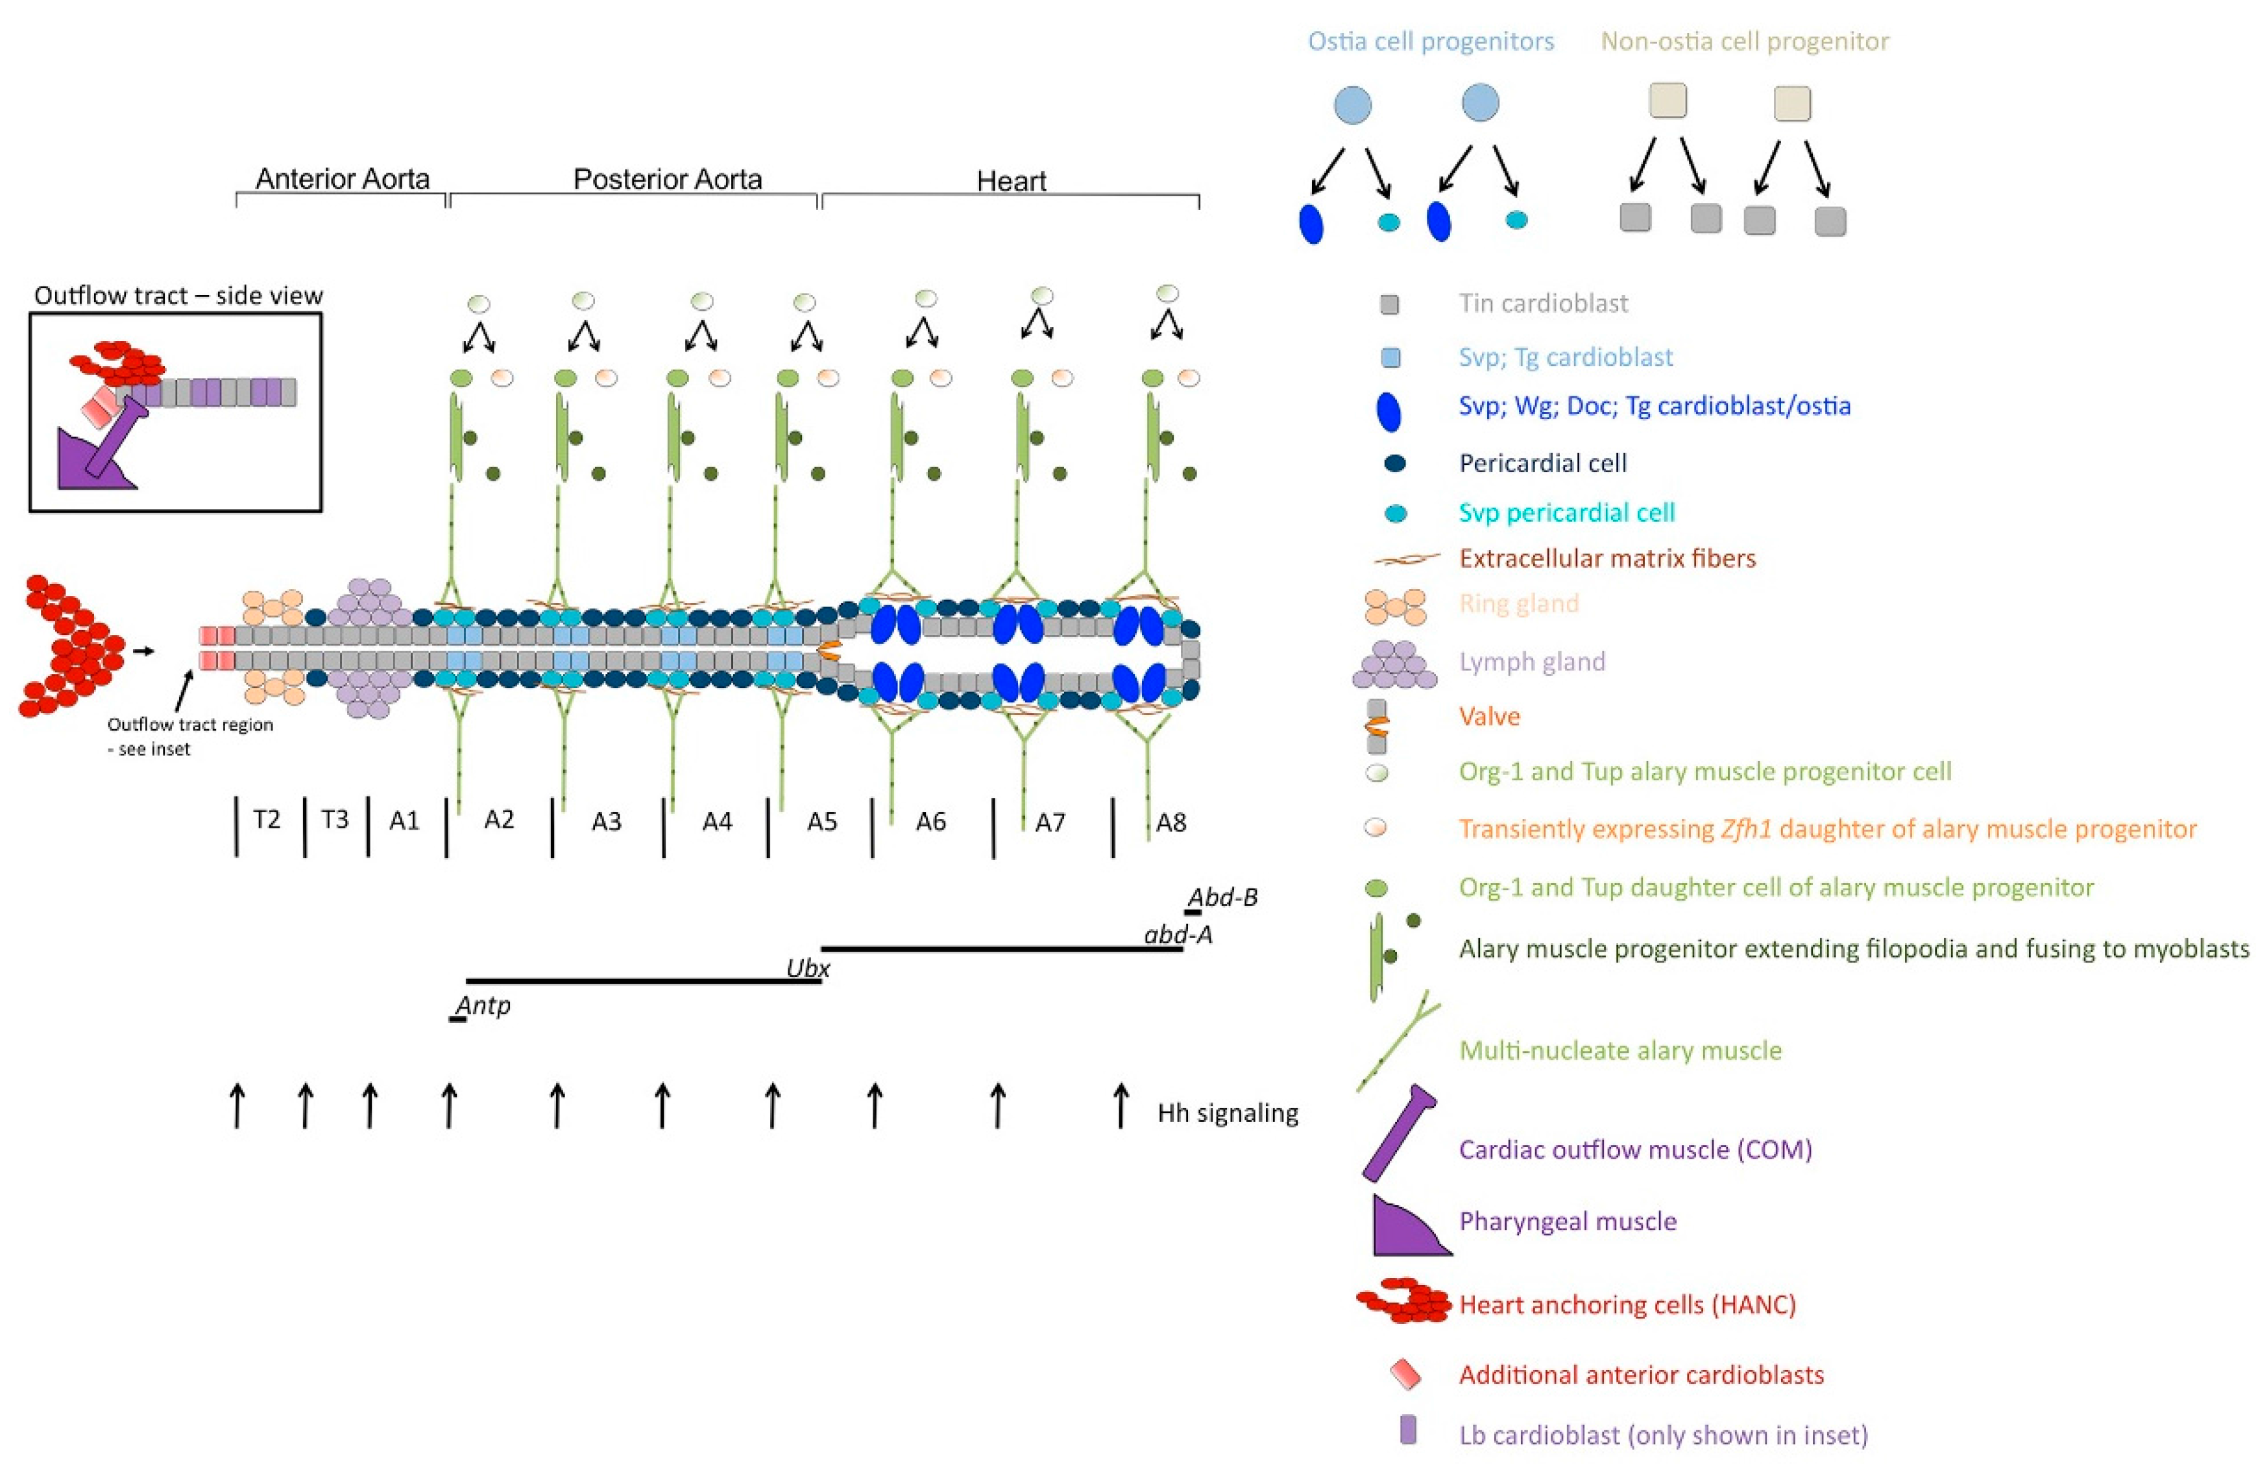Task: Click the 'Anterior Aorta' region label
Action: coord(342,178)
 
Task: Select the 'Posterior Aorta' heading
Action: coord(667,178)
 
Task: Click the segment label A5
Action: coord(822,821)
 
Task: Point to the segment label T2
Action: coord(267,819)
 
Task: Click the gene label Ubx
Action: coord(808,968)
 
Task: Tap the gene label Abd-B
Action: coord(1223,896)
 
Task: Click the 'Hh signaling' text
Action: coord(1228,1112)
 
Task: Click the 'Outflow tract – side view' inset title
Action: coord(178,296)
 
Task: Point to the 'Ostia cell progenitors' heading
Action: coord(1431,42)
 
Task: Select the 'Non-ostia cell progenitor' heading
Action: coord(1744,42)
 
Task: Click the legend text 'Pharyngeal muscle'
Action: coord(1567,1221)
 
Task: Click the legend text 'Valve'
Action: coord(1489,715)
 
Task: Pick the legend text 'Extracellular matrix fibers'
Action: coord(1607,558)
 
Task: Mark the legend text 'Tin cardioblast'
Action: coord(1543,303)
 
